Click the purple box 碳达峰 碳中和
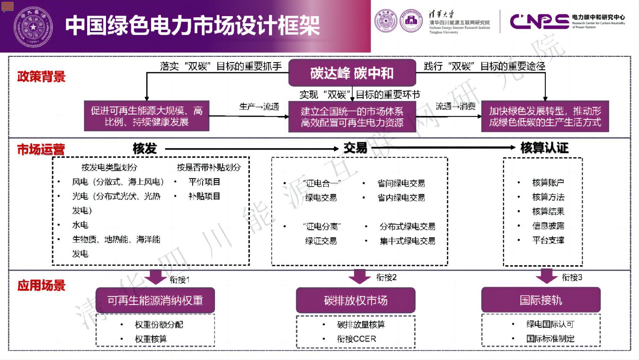tap(352, 73)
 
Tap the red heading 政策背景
tap(41, 77)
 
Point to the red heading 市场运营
tap(41, 149)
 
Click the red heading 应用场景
tap(41, 286)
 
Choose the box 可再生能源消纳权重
tap(155, 300)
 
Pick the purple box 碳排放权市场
tap(355, 300)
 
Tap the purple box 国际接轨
tap(541, 300)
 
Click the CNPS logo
tap(539, 21)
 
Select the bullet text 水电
tap(80, 225)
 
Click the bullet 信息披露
tap(548, 226)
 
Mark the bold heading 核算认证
tap(544, 148)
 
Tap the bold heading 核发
tap(144, 149)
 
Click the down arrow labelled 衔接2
tap(359, 276)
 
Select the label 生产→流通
tap(259, 107)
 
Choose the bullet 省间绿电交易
tap(401, 183)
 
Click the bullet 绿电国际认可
tap(550, 324)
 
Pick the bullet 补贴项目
tap(204, 196)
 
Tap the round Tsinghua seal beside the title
tap(33, 26)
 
